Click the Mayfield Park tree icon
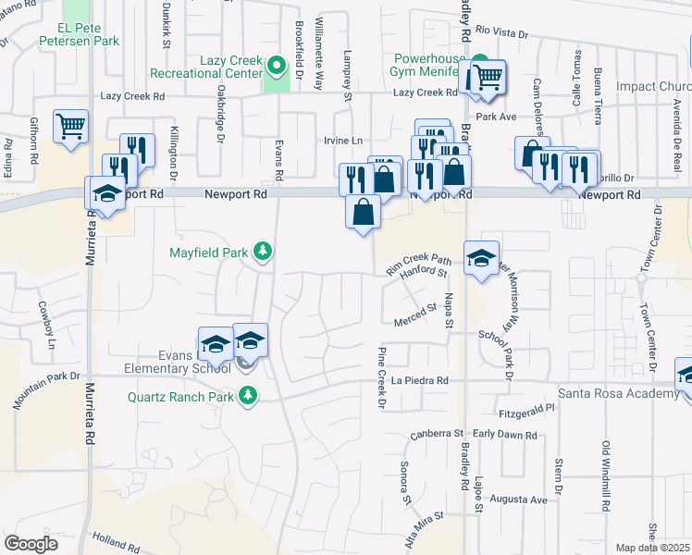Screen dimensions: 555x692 pyautogui.click(x=264, y=251)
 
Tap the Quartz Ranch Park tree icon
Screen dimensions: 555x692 pyautogui.click(x=247, y=397)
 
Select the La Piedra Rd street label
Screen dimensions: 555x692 pyautogui.click(x=419, y=380)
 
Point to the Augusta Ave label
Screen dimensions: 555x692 pyautogui.click(x=519, y=499)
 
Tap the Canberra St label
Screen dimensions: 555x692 pyautogui.click(x=436, y=433)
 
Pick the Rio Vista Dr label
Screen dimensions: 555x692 pyautogui.click(x=502, y=33)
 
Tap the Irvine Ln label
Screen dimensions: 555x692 pyautogui.click(x=341, y=140)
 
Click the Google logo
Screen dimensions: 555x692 pyautogui.click(x=31, y=544)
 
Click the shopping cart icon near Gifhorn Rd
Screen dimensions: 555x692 pyautogui.click(x=70, y=125)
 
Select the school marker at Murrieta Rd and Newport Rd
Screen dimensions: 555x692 pyautogui.click(x=106, y=192)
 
